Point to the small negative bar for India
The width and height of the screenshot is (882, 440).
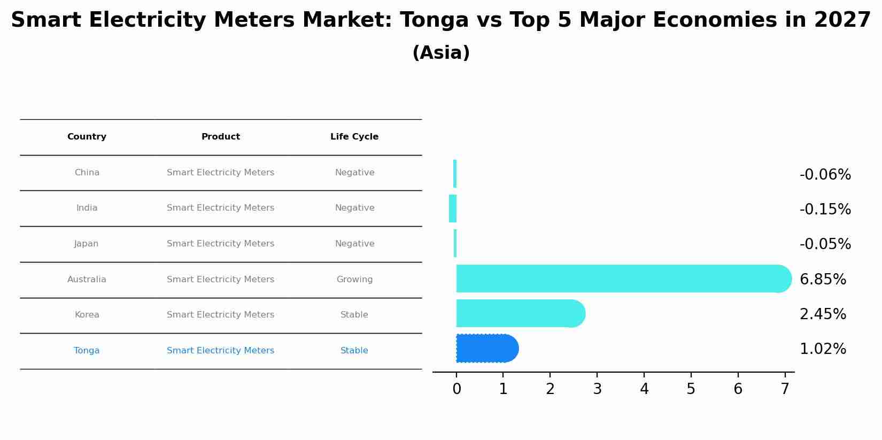click(x=453, y=209)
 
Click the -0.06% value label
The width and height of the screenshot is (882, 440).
click(x=825, y=175)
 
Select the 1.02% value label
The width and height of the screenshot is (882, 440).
click(x=823, y=349)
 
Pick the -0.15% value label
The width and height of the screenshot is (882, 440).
click(x=825, y=210)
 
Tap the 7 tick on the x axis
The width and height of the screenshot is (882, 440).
click(x=785, y=389)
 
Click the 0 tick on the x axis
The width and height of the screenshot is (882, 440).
click(x=457, y=389)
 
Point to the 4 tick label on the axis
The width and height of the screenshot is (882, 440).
click(x=644, y=389)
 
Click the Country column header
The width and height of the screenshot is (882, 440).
click(x=87, y=137)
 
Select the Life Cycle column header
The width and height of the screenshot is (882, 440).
click(x=354, y=137)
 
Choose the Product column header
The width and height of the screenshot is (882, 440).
click(x=220, y=137)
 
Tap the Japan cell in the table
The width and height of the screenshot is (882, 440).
click(x=87, y=244)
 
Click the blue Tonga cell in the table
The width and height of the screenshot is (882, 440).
click(x=87, y=351)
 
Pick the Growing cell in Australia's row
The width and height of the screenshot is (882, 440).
click(x=354, y=280)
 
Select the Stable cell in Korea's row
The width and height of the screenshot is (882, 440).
click(x=354, y=315)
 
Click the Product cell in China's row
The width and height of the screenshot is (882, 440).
click(x=220, y=173)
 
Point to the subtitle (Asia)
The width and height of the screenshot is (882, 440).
click(x=441, y=53)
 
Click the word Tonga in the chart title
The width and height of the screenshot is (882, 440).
click(x=434, y=20)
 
